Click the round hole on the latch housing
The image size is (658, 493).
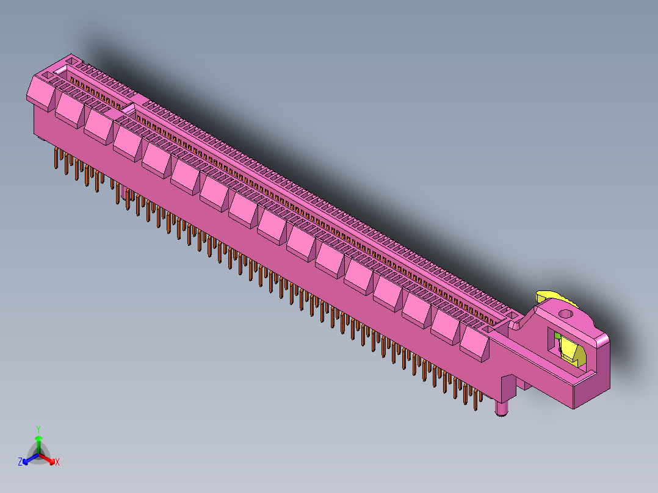click(565, 314)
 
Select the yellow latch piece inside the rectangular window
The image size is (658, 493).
click(570, 352)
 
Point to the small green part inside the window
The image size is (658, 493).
click(558, 336)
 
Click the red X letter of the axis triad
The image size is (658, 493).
click(57, 462)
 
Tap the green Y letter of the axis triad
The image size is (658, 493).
click(38, 428)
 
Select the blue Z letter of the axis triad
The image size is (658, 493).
click(20, 462)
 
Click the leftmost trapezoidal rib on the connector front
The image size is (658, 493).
click(69, 110)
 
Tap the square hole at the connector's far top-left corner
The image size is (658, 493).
click(74, 60)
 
